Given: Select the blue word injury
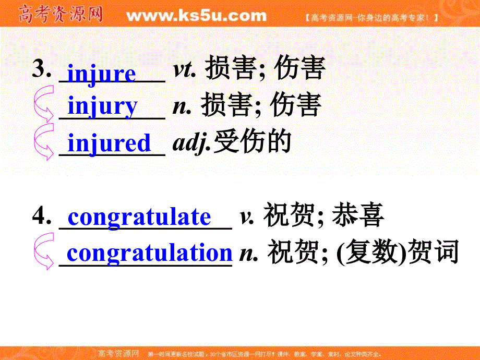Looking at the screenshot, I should (103, 106).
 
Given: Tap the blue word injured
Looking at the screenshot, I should (109, 143).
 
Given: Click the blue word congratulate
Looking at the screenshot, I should (139, 217).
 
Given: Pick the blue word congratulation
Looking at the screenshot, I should (149, 253).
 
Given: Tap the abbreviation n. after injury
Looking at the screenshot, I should (179, 106).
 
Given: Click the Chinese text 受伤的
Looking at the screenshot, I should (251, 142).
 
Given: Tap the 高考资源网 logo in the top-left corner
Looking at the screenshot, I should (60, 14).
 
